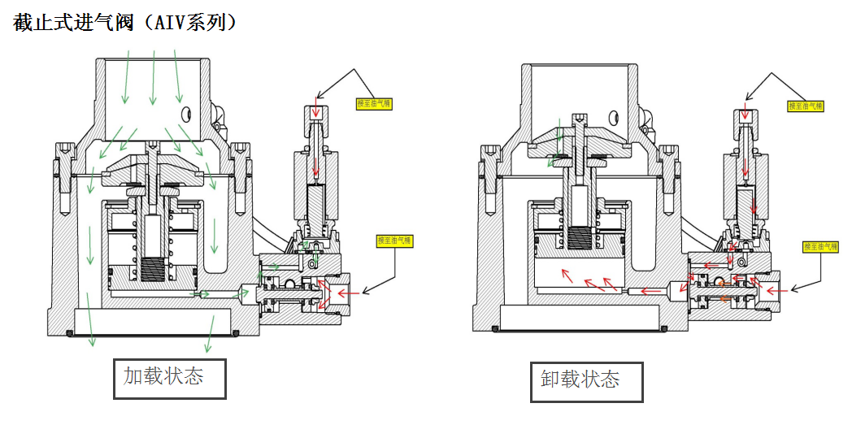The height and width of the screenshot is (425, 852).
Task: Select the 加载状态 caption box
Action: point(169,377)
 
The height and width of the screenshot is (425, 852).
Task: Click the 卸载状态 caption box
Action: point(586,380)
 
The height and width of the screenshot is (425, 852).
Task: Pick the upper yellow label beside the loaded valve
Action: point(374,103)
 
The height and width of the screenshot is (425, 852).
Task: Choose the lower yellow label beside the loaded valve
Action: point(394,241)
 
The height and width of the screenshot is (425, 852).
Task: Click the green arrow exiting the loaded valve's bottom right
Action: point(211,333)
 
